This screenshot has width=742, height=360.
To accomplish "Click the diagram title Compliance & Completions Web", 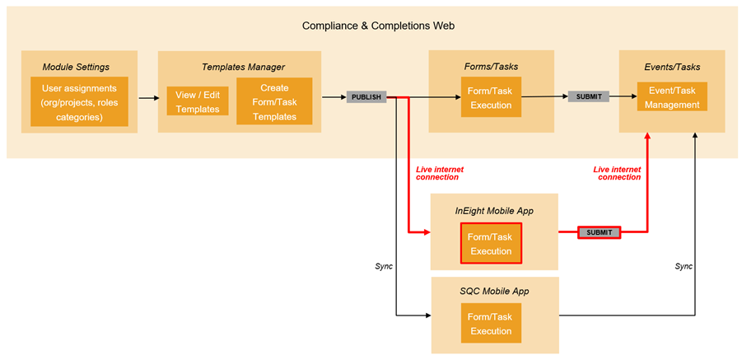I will tap(378, 26).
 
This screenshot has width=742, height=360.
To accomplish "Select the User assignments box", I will tap(79, 102).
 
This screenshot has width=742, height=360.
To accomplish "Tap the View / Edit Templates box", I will tap(198, 102).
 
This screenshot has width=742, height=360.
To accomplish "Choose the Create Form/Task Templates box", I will tap(274, 102).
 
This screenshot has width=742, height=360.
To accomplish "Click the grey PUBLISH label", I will tap(366, 97).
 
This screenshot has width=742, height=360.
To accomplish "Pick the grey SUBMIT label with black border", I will tap(589, 96).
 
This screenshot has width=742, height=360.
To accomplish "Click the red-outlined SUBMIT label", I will tap(599, 232).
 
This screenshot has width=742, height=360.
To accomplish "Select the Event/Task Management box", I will tap(672, 97).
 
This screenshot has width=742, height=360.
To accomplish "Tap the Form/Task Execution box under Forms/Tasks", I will tap(491, 97).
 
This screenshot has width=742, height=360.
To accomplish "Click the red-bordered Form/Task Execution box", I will tap(491, 244).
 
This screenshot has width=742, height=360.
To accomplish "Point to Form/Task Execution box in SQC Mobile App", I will tap(491, 324).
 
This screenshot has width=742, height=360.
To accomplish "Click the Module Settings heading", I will tap(76, 66).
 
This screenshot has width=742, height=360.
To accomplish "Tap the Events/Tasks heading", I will tap(672, 66).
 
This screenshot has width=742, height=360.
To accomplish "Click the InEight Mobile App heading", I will tap(494, 211).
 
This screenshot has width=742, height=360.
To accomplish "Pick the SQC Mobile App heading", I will tap(494, 292).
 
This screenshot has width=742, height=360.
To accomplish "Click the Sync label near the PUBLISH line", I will tap(384, 266).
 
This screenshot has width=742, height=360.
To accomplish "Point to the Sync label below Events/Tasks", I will tap(684, 266).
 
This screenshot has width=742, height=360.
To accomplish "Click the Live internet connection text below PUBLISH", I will tap(439, 173).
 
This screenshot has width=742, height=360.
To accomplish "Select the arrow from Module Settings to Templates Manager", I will tap(148, 98).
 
